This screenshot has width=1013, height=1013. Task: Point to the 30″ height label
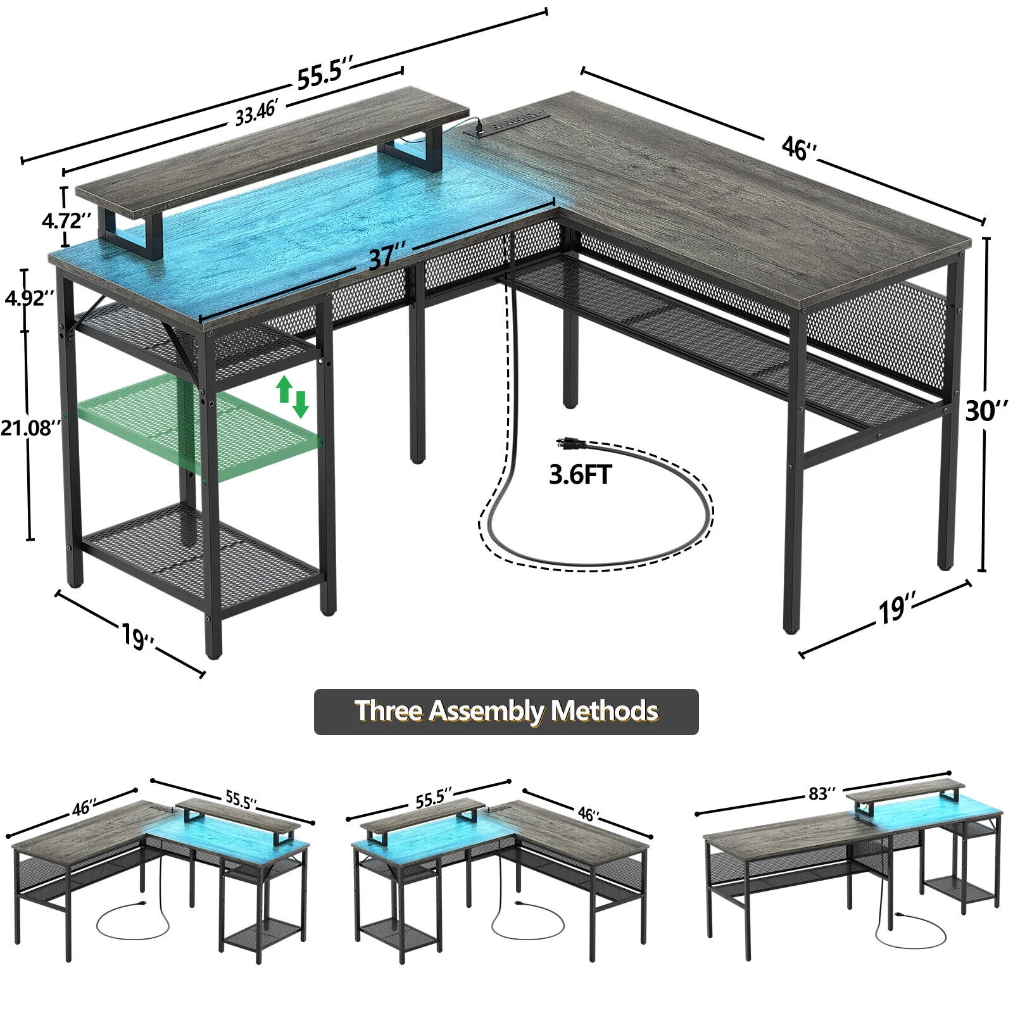coord(986,411)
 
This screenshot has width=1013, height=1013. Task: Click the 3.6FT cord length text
coord(580,474)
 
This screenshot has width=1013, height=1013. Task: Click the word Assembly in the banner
coord(486,711)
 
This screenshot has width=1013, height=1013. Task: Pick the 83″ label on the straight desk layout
coord(822,793)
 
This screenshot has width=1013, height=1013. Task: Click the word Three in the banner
coord(388,711)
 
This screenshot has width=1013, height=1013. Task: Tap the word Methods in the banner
coord(604,711)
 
